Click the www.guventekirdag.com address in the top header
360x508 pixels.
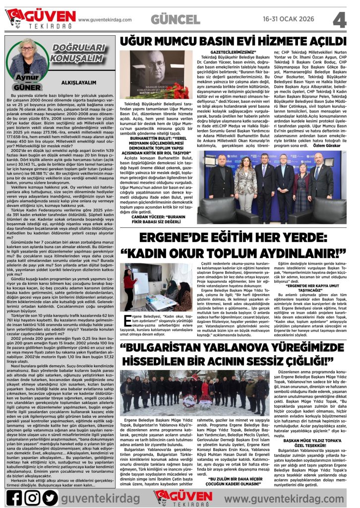pyautogui.click(x=107, y=19)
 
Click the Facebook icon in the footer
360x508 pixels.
pyautogui.click(x=14, y=497)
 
